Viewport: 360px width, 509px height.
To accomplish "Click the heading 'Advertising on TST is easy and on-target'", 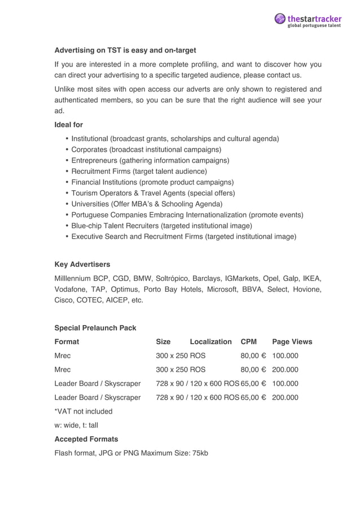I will pos(125,50).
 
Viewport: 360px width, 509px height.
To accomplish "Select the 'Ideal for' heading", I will pos(68,125).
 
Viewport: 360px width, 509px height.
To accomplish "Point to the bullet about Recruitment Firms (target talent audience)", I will pos(139,171).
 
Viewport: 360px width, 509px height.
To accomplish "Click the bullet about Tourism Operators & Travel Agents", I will pos(153,193).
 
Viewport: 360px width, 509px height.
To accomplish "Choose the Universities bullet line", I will pos(147,204).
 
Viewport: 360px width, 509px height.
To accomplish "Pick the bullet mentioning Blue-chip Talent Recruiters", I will pos(161,226).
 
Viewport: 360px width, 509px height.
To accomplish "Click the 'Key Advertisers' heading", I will pos(82,264).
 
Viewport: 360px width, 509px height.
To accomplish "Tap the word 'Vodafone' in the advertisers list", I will pos(71,289).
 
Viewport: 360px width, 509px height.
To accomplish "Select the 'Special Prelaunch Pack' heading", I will pos(95,328).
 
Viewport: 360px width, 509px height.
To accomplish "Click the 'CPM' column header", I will pos(248,341).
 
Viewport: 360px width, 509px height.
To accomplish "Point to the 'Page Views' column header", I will pos(292,341).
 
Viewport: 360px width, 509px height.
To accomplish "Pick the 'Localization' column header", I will pos(210,341).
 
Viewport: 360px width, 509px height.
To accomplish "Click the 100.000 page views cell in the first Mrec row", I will pos(285,356).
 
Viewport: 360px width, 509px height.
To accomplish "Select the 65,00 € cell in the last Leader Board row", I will pos(253,397).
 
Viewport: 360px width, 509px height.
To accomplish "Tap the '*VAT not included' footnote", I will pos(83,411).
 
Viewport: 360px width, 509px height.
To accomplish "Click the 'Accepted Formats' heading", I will pos(86,438).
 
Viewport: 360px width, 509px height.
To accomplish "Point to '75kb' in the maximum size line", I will pos(199,453).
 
